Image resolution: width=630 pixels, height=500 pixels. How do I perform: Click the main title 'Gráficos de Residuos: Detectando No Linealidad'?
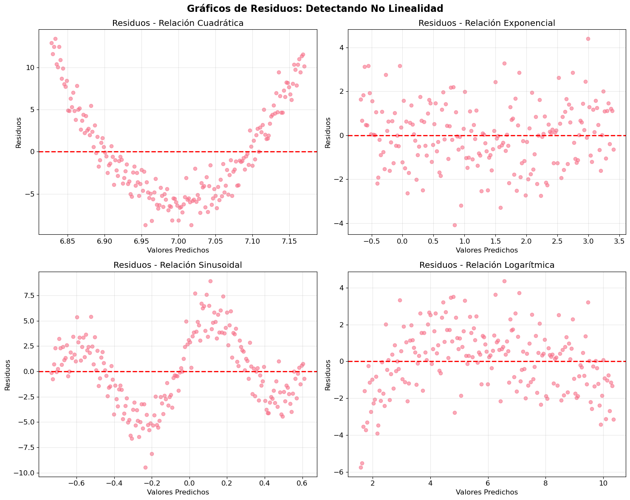tap(315, 8)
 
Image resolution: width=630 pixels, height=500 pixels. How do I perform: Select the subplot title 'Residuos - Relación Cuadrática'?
tap(178, 23)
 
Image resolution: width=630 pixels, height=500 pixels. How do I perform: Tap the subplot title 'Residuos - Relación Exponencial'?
tap(487, 23)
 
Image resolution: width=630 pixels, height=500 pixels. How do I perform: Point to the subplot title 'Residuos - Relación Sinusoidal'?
tap(178, 265)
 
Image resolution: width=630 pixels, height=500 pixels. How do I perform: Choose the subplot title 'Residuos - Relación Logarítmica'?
tap(487, 265)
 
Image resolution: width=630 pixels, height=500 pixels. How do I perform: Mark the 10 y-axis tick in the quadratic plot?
tap(31, 68)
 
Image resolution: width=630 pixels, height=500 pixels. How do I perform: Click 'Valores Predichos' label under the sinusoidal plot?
tap(178, 492)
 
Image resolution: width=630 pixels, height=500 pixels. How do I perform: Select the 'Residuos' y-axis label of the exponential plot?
tap(328, 132)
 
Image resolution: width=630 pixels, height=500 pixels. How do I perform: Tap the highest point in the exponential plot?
tap(588, 39)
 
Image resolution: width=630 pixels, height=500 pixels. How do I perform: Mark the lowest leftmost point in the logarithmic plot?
tap(361, 467)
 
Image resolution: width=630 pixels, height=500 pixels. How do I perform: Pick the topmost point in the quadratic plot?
tap(55, 39)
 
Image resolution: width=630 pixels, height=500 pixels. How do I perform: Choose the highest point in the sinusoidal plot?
tap(210, 281)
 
